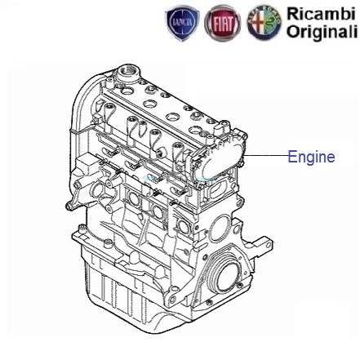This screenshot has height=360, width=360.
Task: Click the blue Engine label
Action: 312,158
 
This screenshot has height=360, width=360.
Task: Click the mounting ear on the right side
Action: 264,242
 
